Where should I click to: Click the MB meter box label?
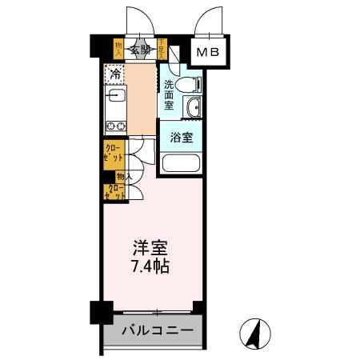(212, 53)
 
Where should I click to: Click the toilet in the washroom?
(186, 85)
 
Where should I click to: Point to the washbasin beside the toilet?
(191, 110)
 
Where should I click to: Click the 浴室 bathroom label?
(180, 138)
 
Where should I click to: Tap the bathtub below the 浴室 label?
(181, 164)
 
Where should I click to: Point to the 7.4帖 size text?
(150, 266)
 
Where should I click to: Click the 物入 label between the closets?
(124, 176)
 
